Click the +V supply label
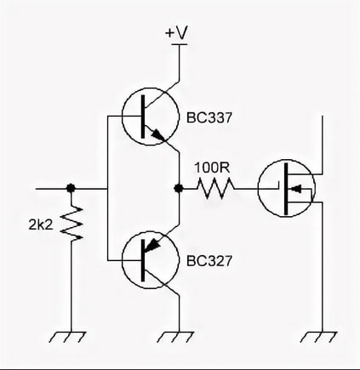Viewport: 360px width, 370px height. pyautogui.click(x=176, y=32)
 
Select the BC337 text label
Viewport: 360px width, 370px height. pyautogui.click(x=209, y=117)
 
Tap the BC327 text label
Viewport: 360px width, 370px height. pyautogui.click(x=209, y=261)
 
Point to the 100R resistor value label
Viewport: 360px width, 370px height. pyautogui.click(x=212, y=168)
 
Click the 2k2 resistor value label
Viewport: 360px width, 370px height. pyautogui.click(x=41, y=225)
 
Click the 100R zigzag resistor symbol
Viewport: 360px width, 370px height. pyautogui.click(x=215, y=188)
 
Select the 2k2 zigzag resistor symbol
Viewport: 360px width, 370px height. pyautogui.click(x=71, y=224)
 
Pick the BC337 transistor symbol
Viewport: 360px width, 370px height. pyautogui.click(x=151, y=117)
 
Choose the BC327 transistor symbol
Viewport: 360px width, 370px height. pyautogui.click(x=151, y=259)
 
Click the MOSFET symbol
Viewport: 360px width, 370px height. pyautogui.click(x=287, y=188)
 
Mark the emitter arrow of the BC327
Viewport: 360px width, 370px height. pyautogui.click(x=151, y=244)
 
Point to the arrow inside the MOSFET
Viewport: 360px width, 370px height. pyautogui.click(x=296, y=188)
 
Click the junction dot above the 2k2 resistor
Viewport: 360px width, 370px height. pyautogui.click(x=71, y=188)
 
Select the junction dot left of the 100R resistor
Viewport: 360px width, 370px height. pyautogui.click(x=179, y=188)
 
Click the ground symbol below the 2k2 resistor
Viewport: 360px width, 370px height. pyautogui.click(x=67, y=336)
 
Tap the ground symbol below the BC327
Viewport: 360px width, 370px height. pyautogui.click(x=176, y=336)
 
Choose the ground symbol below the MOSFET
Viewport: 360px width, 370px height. pyautogui.click(x=319, y=336)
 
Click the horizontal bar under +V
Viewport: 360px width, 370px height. pyautogui.click(x=180, y=44)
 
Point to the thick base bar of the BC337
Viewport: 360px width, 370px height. pyautogui.click(x=143, y=117)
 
